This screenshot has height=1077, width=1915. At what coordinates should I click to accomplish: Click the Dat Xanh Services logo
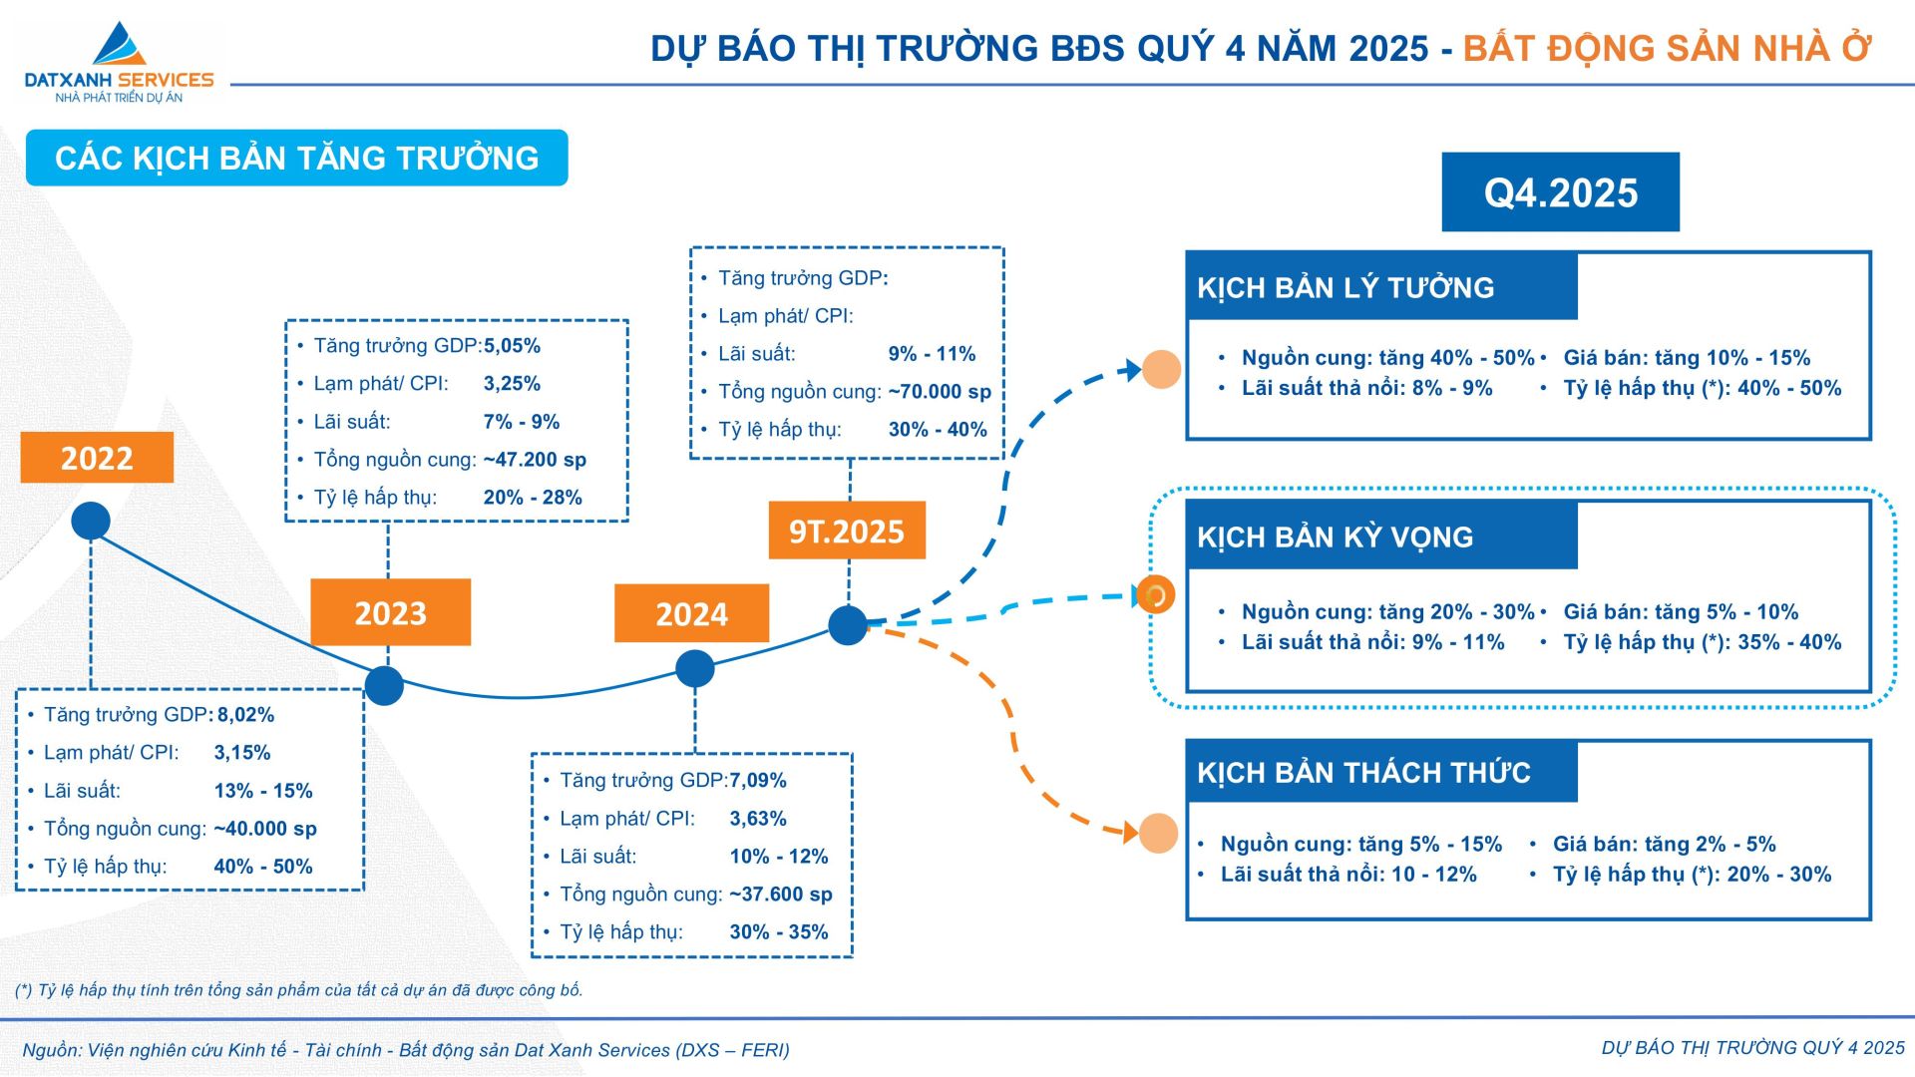tap(119, 62)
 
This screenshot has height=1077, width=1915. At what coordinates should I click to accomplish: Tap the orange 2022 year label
tap(97, 458)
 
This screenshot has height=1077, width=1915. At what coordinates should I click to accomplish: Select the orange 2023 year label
tap(390, 612)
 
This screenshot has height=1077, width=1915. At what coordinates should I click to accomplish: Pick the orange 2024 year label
tap(691, 613)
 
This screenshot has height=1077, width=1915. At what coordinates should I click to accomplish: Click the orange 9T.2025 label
tap(847, 531)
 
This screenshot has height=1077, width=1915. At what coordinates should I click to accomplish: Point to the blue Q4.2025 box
tap(1560, 192)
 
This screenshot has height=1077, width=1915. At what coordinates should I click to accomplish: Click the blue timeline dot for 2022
tap(91, 521)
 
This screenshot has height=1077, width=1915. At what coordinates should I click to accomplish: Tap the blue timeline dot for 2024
tap(695, 668)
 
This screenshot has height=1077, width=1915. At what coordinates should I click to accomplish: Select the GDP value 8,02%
tap(245, 715)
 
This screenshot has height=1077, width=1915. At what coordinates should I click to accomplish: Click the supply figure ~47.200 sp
tap(535, 460)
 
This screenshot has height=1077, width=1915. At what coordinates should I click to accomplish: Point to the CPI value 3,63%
tap(758, 819)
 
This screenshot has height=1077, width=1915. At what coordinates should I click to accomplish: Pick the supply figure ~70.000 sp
tap(940, 392)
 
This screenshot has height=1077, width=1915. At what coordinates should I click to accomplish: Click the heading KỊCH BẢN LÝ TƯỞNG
tap(1345, 288)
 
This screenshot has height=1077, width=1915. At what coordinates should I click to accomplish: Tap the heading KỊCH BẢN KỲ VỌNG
tap(1335, 538)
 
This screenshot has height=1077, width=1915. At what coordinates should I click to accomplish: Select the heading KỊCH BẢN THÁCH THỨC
tap(1363, 773)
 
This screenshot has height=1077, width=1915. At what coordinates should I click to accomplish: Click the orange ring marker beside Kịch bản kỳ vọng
tap(1156, 595)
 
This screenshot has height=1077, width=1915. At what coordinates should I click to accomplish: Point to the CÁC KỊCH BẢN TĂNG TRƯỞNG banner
tap(297, 158)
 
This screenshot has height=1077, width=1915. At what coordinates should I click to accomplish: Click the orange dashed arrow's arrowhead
tap(1131, 832)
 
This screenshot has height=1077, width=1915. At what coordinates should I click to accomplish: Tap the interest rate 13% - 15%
tap(263, 791)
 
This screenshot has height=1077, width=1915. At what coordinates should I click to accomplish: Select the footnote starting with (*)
tap(298, 990)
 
